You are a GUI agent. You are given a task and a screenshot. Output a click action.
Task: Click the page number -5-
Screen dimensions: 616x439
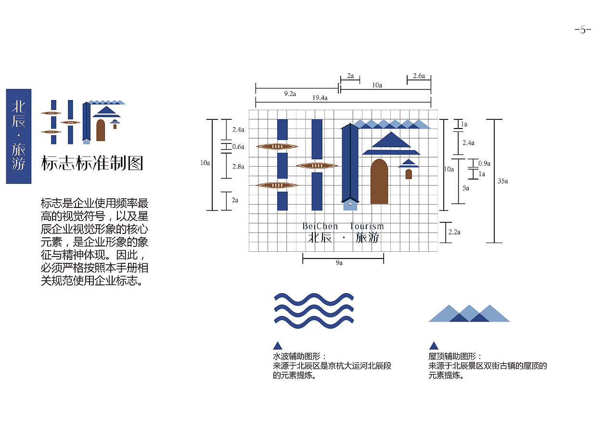(x=583, y=30)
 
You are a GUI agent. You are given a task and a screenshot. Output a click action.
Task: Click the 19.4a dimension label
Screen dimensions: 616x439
(x=320, y=98)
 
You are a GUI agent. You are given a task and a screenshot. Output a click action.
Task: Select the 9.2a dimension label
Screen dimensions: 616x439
(x=290, y=93)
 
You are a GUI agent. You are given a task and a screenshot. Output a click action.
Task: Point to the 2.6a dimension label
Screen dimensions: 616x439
(x=419, y=76)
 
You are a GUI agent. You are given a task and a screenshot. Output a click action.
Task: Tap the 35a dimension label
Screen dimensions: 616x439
(x=503, y=181)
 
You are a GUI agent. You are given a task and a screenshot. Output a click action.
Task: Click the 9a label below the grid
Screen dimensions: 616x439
(x=339, y=263)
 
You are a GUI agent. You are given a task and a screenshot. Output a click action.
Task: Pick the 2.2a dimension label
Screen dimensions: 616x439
(x=454, y=232)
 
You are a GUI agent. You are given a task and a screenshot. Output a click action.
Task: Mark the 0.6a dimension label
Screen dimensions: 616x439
(x=238, y=146)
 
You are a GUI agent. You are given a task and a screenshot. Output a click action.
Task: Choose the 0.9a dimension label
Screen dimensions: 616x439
(x=484, y=163)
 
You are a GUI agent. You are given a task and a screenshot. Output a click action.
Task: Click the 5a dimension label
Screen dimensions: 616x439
(x=466, y=188)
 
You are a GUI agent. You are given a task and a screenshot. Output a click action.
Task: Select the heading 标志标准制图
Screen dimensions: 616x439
(x=92, y=163)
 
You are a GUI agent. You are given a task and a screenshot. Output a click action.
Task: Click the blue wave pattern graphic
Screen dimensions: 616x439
(x=314, y=310)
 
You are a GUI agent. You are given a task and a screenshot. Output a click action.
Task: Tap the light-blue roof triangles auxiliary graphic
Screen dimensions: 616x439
(x=469, y=313)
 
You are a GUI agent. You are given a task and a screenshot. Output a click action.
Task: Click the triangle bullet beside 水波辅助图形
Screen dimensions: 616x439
(x=277, y=346)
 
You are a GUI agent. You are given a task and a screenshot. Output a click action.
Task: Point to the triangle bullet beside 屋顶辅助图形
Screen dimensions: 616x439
(x=434, y=346)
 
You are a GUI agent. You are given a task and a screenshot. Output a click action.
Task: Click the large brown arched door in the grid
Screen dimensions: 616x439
(x=379, y=181)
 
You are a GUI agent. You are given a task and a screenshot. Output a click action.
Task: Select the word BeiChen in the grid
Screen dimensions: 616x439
(x=320, y=226)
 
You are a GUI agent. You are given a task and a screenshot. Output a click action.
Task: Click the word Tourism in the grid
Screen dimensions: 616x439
(x=367, y=226)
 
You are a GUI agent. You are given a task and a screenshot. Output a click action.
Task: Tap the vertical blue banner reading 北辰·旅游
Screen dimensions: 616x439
(x=19, y=136)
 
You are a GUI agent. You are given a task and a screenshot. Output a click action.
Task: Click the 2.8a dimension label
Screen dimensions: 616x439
(x=238, y=167)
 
